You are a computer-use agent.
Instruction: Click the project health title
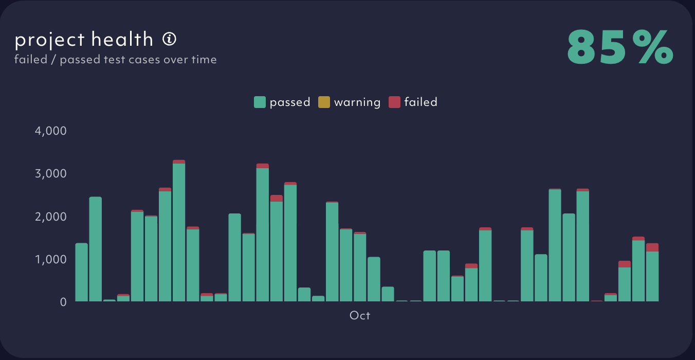point(84,39)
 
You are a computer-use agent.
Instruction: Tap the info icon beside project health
point(170,39)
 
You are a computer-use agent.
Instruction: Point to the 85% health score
point(620,47)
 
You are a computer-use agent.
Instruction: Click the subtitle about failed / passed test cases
point(116,60)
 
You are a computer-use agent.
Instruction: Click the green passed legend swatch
point(260,102)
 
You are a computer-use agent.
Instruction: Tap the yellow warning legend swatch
point(324,102)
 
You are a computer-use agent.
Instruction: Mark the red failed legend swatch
point(394,102)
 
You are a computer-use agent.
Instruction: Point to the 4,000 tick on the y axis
point(50,131)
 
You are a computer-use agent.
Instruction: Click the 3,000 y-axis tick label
point(50,173)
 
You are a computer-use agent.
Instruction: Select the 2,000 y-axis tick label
point(50,217)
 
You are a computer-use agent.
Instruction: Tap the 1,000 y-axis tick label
point(50,259)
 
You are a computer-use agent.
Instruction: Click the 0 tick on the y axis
point(63,302)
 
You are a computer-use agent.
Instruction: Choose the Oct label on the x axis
point(360,315)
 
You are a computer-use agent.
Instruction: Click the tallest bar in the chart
point(179,231)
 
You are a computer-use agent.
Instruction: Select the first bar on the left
point(81,273)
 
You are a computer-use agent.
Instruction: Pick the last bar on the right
point(652,275)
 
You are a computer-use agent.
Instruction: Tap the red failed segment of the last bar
point(652,247)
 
